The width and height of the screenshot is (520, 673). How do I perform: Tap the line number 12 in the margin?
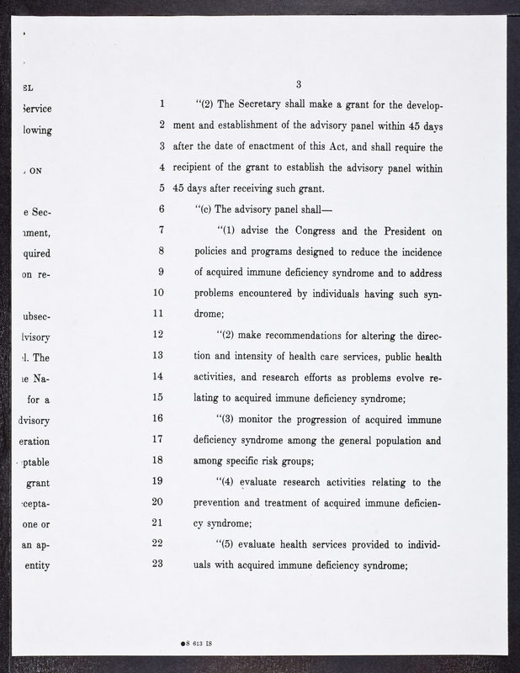click(157, 334)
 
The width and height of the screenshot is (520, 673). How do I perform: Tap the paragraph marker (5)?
click(226, 543)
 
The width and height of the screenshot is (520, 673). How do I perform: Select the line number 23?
click(157, 564)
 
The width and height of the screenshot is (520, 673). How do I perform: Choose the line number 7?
click(160, 230)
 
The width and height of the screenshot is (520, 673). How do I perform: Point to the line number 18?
click(157, 459)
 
